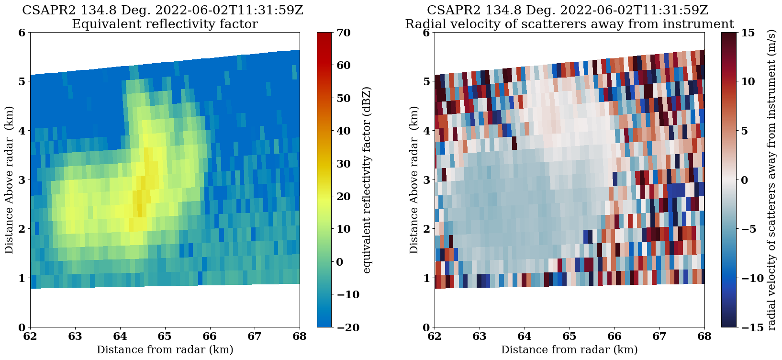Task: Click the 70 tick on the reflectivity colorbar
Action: pyautogui.click(x=344, y=33)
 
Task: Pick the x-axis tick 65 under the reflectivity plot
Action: pyautogui.click(x=165, y=337)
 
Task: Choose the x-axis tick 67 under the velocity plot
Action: pyautogui.click(x=659, y=337)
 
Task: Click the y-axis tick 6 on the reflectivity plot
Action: pyautogui.click(x=21, y=33)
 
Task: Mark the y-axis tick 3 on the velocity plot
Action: pyautogui.click(x=425, y=180)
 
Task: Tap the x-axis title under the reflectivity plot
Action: pyautogui.click(x=165, y=350)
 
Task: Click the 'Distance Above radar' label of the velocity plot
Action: pyautogui.click(x=414, y=180)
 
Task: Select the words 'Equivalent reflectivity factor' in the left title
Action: pyautogui.click(x=165, y=24)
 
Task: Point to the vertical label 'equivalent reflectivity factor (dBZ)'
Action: pyautogui.click(x=367, y=180)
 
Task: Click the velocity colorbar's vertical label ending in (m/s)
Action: pyautogui.click(x=771, y=180)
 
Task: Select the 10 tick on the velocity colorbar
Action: pyautogui.click(x=747, y=82)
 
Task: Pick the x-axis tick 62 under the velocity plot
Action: pyautogui.click(x=435, y=337)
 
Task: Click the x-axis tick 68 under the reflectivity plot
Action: pyautogui.click(x=300, y=337)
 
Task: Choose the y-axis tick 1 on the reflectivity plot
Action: pyautogui.click(x=21, y=278)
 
